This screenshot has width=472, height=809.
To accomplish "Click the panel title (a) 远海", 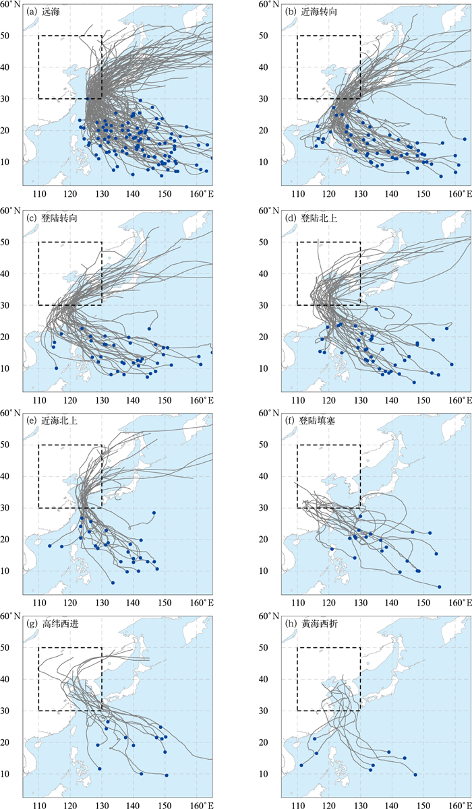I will [42, 11].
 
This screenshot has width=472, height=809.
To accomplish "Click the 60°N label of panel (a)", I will [11, 5].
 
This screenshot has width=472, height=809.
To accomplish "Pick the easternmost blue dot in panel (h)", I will [415, 775].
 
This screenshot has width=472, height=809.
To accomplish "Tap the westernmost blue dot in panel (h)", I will [301, 765].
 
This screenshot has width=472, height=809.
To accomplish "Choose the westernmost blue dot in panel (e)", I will [49, 546].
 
